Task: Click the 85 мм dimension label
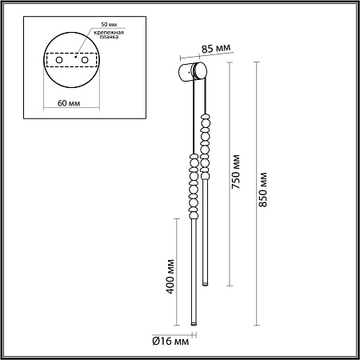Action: tap(216, 49)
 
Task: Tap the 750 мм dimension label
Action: tap(236, 172)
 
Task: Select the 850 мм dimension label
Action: tap(263, 190)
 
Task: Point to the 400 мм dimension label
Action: tap(170, 276)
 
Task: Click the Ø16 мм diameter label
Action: tap(170, 341)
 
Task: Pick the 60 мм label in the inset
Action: tap(69, 103)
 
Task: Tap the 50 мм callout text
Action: tap(109, 24)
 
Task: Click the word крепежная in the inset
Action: tap(109, 33)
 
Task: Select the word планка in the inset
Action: tap(109, 37)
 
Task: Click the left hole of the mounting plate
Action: tap(59, 60)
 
